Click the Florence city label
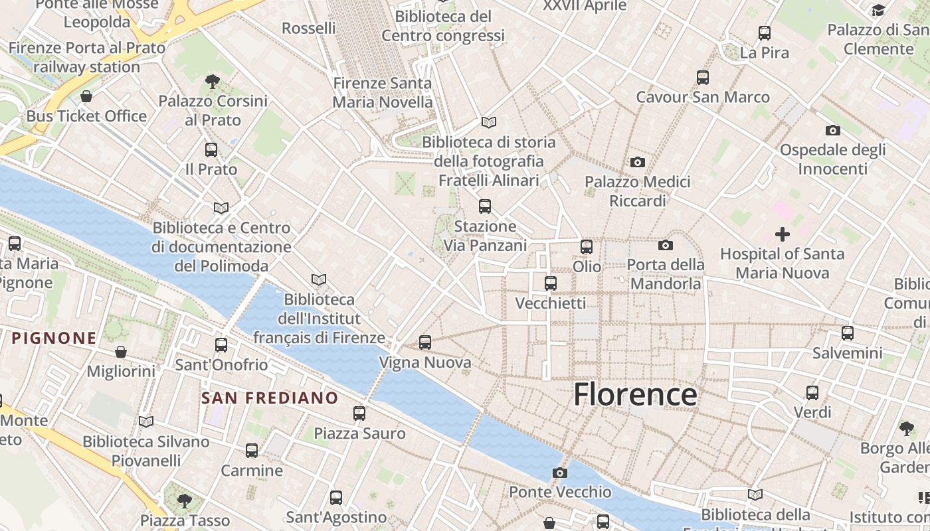point(635,394)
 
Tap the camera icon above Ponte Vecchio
point(560,473)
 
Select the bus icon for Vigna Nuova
point(425,342)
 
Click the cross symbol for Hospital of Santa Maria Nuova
point(783,234)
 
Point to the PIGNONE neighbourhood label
point(54,338)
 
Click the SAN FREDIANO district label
point(270,398)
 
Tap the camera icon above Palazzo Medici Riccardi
point(638,162)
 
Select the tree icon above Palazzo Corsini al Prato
point(213,82)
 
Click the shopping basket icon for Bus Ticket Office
point(86,97)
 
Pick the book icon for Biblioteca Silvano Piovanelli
point(146,421)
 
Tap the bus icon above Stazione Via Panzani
point(485,206)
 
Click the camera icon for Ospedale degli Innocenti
point(832,130)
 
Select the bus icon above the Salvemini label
point(848,333)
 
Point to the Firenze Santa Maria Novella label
point(383,93)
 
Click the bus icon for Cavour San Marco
point(703,78)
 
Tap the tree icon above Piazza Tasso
point(185,500)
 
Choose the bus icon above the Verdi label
point(812,393)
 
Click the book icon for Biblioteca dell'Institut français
point(319,279)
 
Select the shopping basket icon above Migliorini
point(121,351)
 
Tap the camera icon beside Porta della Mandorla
point(666,246)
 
